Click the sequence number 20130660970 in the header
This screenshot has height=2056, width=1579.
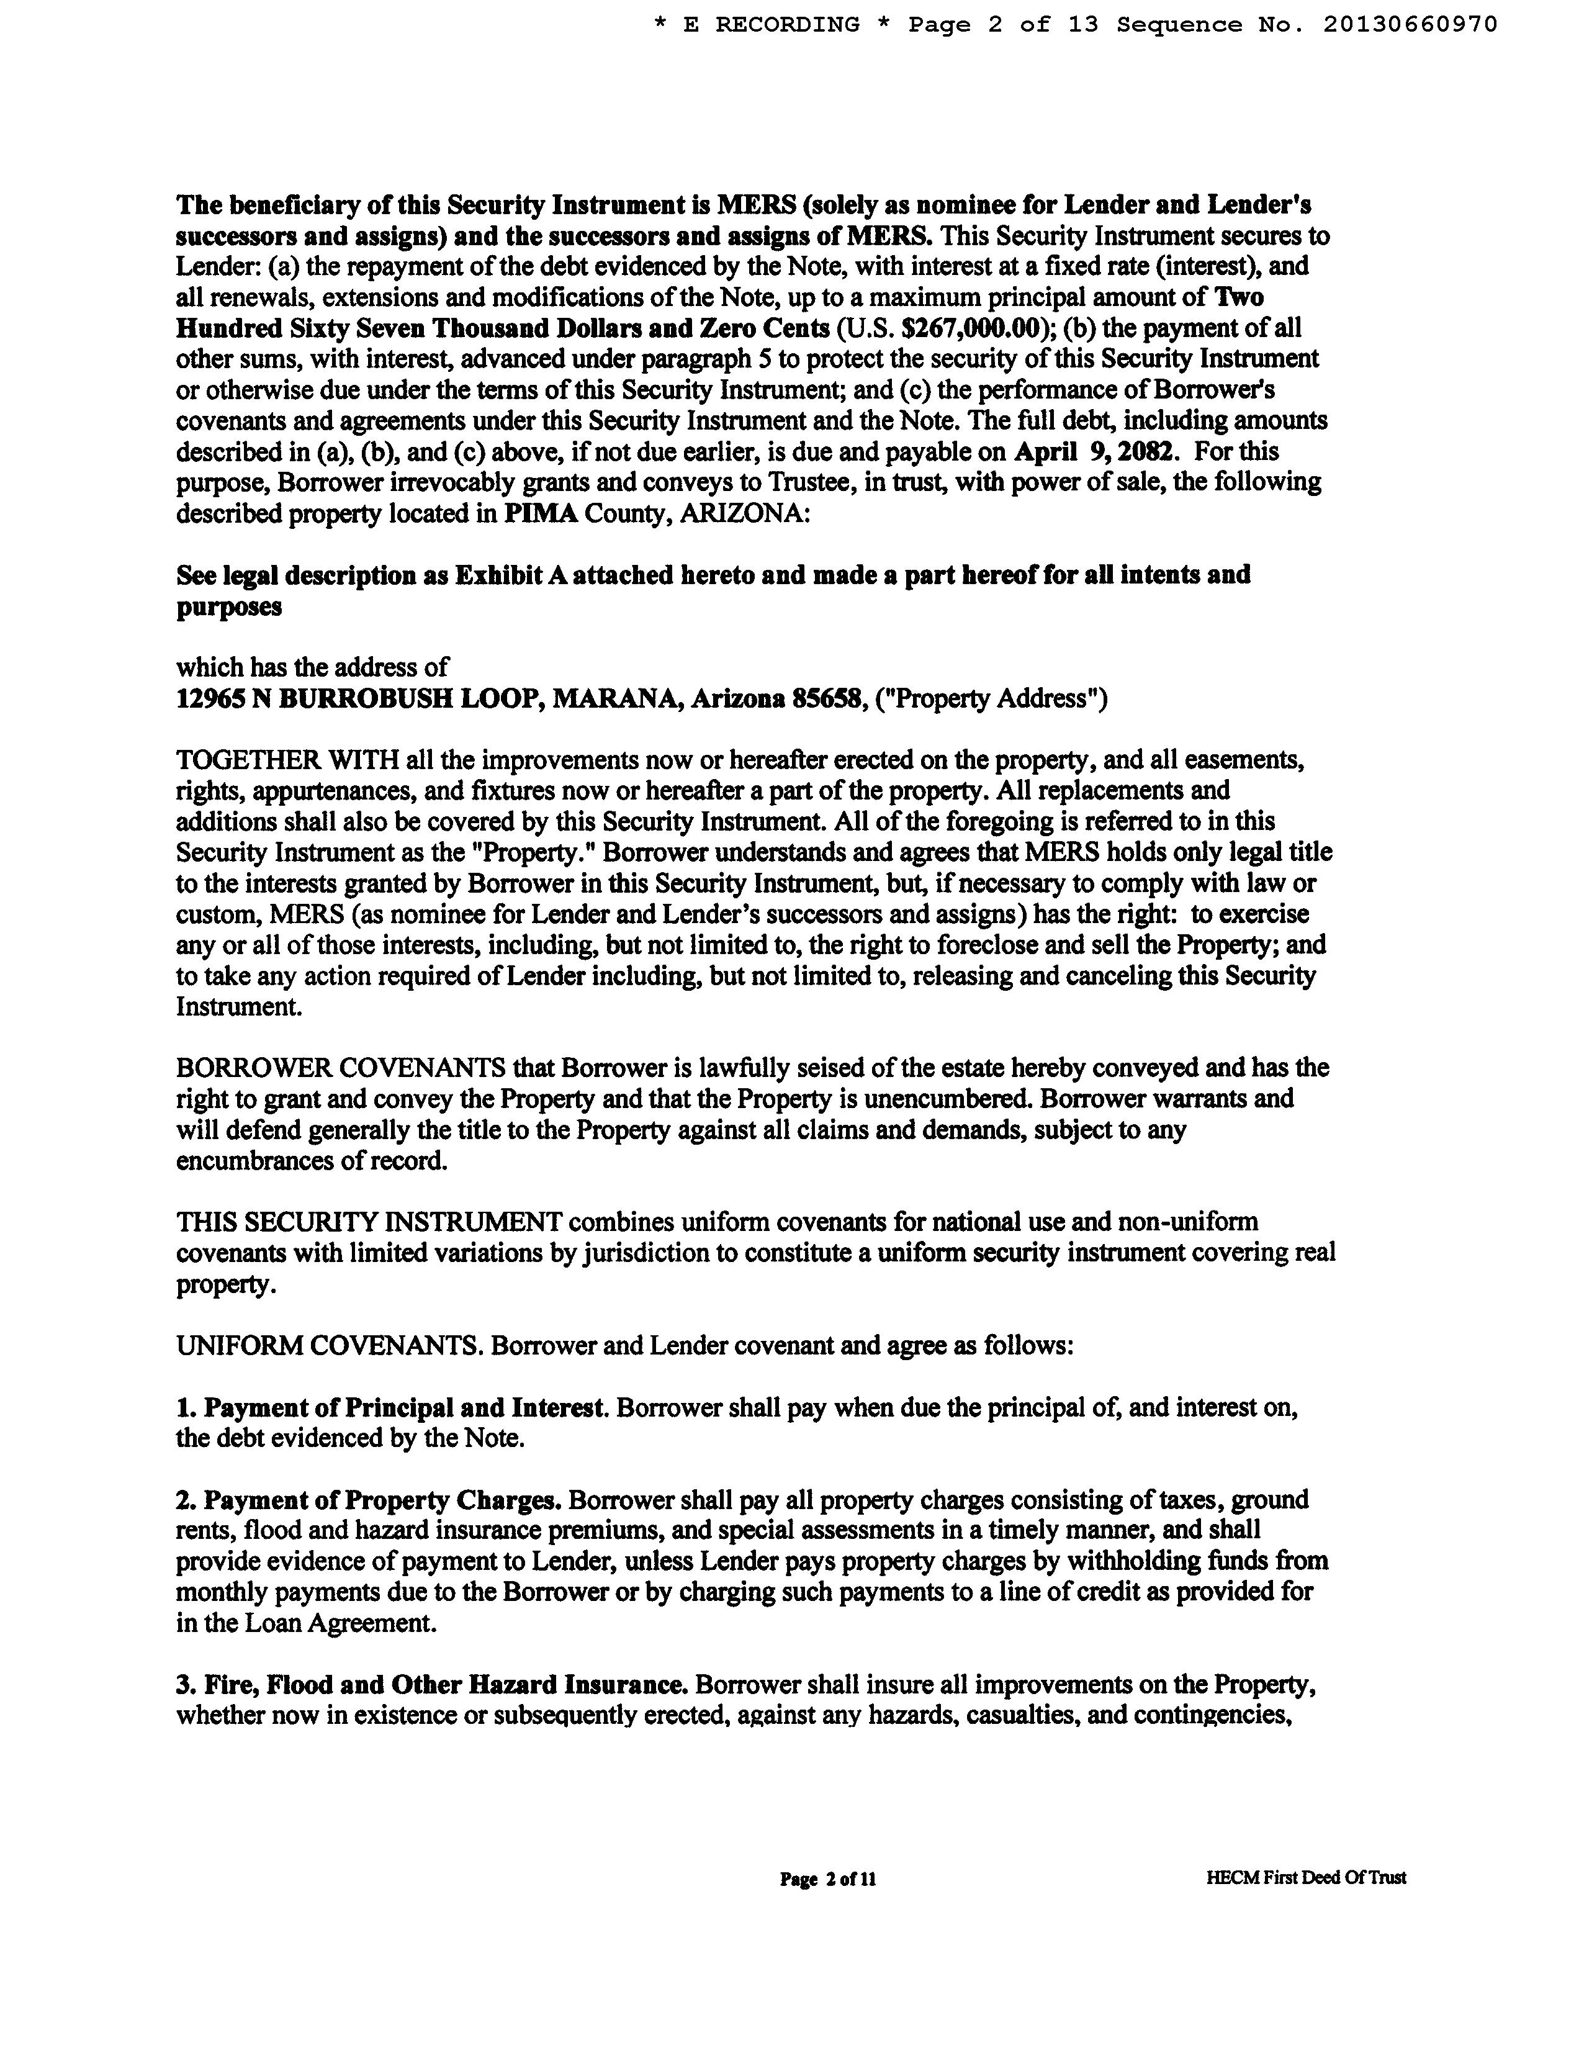(1410, 24)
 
